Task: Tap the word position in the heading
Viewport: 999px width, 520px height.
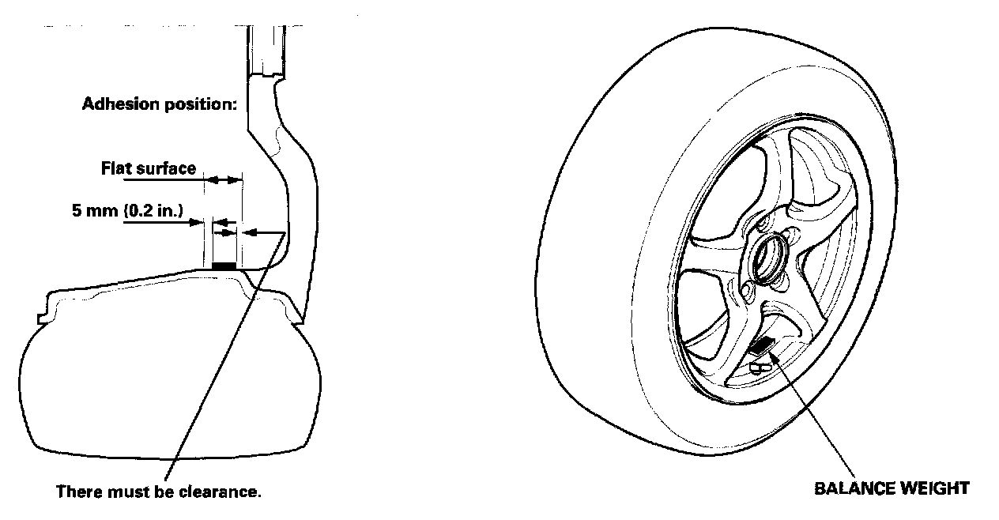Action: (198, 105)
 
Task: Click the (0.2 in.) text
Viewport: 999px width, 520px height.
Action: (149, 212)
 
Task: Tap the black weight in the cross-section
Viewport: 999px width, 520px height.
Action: (224, 267)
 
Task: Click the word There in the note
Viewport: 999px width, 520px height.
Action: (77, 492)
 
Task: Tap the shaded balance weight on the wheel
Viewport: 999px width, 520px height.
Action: (761, 345)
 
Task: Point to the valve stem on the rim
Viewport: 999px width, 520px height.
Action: (756, 367)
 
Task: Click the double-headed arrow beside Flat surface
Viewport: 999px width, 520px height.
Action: (222, 181)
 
